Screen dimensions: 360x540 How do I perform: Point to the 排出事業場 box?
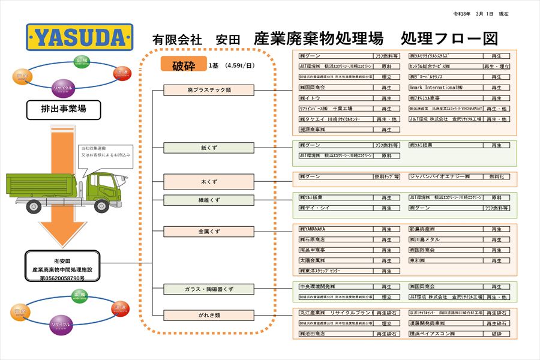click(63, 109)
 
